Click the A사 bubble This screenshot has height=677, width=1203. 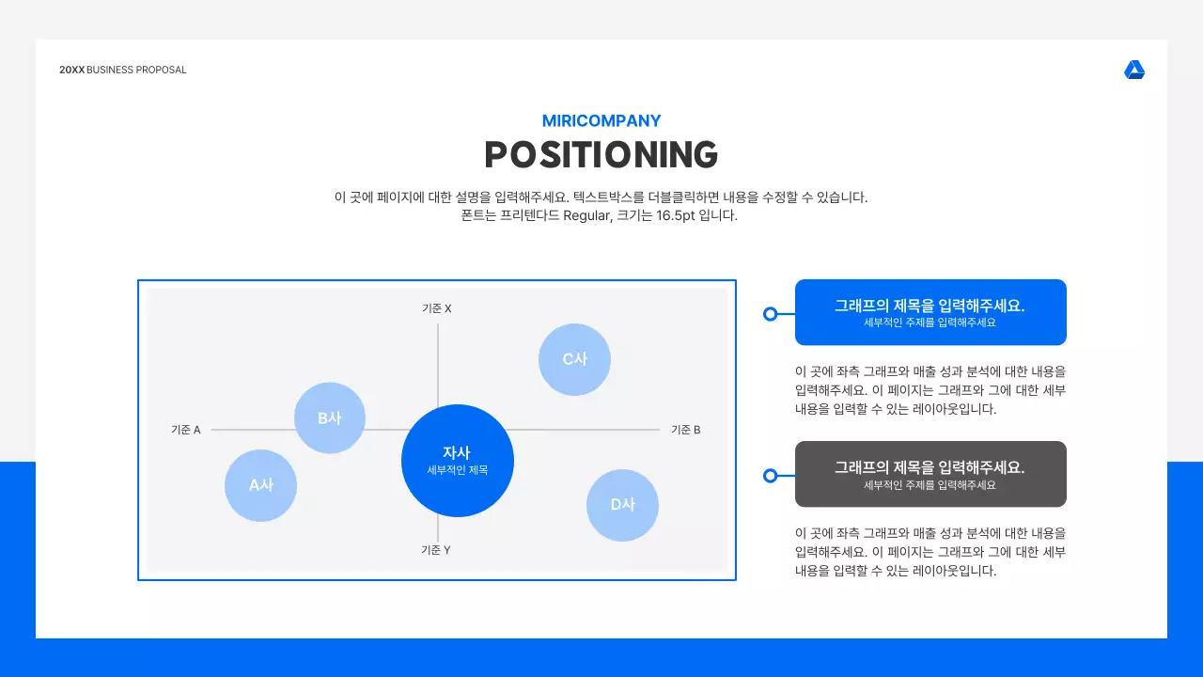click(x=260, y=485)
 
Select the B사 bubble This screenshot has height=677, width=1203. click(x=329, y=418)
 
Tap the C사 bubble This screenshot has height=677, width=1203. click(x=574, y=359)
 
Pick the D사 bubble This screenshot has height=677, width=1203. click(x=622, y=505)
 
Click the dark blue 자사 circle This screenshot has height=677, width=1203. click(x=458, y=460)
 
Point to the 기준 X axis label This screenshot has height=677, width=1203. click(x=437, y=308)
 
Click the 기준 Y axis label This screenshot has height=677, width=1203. click(x=436, y=550)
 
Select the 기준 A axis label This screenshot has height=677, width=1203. click(x=186, y=430)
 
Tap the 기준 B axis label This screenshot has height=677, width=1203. click(x=686, y=430)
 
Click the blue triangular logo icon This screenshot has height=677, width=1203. click(x=1134, y=71)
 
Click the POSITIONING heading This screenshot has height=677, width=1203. click(x=601, y=155)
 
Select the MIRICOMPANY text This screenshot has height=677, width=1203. click(x=601, y=121)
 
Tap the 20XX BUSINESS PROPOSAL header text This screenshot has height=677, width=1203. click(x=123, y=70)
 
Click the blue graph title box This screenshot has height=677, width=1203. click(x=930, y=312)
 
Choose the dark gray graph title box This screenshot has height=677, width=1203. click(x=930, y=474)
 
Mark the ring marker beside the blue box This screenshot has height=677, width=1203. click(x=771, y=314)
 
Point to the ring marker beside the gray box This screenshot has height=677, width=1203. click(x=771, y=476)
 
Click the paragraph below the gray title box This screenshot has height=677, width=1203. click(x=930, y=552)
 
